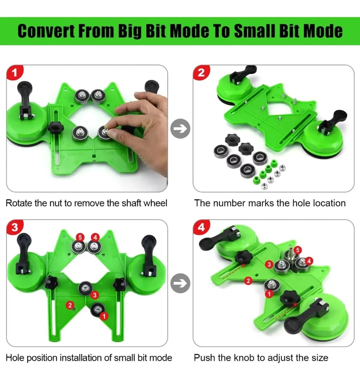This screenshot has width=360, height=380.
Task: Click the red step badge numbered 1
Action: pos(14,72)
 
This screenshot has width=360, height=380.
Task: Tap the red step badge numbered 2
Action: pos(201,72)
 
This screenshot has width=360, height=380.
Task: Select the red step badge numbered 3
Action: pos(14,227)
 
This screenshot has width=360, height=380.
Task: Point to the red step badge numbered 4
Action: pos(201,227)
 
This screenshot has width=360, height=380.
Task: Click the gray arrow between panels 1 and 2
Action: pos(180,128)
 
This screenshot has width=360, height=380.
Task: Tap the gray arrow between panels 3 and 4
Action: pos(180,283)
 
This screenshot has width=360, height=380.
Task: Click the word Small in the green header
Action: pos(254,31)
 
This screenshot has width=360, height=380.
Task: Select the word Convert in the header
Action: pos(46,31)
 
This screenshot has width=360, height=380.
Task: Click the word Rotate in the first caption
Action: pos(19,203)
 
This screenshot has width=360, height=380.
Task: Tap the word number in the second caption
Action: pos(229,203)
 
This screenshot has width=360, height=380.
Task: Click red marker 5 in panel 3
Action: pos(80,237)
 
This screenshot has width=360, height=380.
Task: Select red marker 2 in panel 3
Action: pos(70,305)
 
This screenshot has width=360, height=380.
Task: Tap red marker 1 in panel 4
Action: pos(269,294)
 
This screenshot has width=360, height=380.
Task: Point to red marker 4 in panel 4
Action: pos(309,261)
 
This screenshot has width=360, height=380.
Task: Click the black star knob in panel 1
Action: pos(55,127)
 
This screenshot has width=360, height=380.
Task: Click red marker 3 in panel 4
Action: pos(269,264)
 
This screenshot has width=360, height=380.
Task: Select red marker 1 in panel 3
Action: pos(104,316)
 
